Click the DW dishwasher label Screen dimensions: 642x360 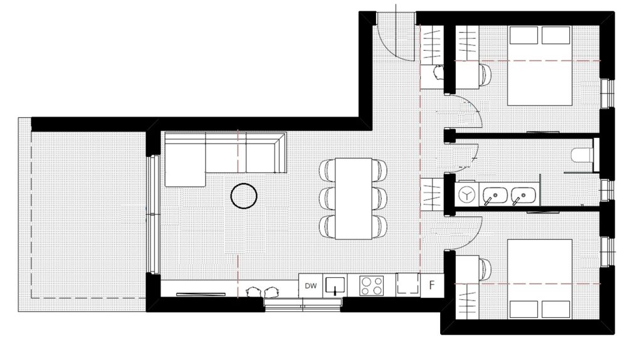(311, 286)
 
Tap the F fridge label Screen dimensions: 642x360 (431, 285)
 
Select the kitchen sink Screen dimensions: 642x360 (335, 286)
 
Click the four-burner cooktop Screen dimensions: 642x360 (371, 286)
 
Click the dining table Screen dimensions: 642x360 (354, 199)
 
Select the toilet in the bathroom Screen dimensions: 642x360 (582, 155)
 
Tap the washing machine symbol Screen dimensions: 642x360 (466, 194)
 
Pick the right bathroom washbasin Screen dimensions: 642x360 (524, 195)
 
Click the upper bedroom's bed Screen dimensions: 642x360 (540, 65)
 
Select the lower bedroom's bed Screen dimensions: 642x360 (540, 279)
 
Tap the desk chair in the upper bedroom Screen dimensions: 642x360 (485, 75)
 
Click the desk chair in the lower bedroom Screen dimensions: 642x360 (485, 269)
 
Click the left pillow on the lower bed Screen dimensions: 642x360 (524, 309)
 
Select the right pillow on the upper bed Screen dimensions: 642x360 (555, 35)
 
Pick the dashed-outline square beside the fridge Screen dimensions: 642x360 (408, 284)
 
